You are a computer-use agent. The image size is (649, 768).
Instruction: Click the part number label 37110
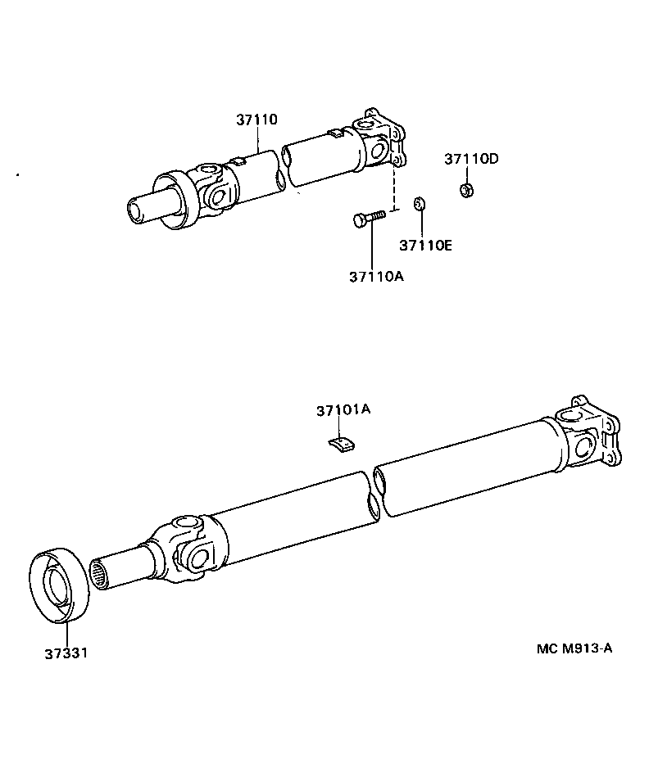click(257, 120)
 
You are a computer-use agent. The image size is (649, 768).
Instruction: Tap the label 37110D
click(471, 159)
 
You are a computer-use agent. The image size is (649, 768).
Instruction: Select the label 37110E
click(425, 245)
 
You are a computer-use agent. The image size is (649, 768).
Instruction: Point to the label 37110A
click(376, 276)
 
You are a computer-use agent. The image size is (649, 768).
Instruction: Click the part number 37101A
click(343, 409)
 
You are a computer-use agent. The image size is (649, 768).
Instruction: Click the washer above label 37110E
click(419, 203)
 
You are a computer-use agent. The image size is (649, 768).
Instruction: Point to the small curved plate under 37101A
click(341, 444)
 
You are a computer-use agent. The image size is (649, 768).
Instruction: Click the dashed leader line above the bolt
click(395, 187)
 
